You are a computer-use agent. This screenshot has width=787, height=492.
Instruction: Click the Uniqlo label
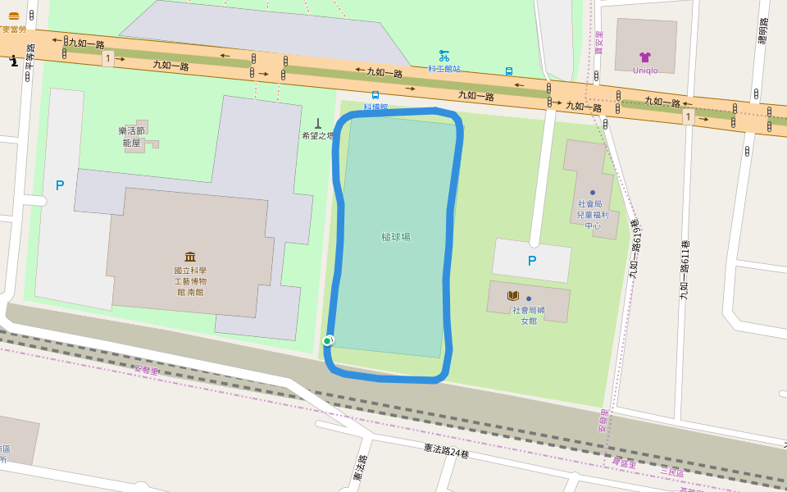point(645,71)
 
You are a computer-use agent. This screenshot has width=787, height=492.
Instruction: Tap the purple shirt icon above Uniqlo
point(645,57)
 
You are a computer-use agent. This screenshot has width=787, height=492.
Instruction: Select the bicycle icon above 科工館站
point(444,56)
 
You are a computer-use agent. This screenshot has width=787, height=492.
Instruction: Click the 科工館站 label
point(444,69)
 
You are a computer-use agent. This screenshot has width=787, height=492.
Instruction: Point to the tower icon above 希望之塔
point(318,123)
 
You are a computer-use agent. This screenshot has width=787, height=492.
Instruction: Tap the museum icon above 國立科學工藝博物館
point(190,257)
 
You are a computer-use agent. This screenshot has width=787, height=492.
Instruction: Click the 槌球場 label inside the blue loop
point(396,237)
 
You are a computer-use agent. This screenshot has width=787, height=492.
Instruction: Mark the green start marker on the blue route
point(327,341)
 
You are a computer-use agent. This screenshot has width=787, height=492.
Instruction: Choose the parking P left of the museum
point(60,185)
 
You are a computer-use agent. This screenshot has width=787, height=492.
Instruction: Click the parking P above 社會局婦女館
point(532,261)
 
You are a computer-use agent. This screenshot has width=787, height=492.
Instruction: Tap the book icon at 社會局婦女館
point(513,295)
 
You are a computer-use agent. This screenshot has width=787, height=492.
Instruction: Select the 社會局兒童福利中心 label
point(592,214)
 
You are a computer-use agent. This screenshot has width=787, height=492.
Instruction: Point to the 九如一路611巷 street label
point(685,269)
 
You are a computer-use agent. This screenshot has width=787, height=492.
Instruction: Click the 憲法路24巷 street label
point(446,450)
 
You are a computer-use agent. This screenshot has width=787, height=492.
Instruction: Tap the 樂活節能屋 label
point(131,136)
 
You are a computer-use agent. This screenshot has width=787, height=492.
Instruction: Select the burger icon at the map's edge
point(14,16)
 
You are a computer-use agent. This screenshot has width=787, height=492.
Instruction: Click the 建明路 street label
point(762,31)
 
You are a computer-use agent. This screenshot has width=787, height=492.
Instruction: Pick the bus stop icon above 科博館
point(375,95)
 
